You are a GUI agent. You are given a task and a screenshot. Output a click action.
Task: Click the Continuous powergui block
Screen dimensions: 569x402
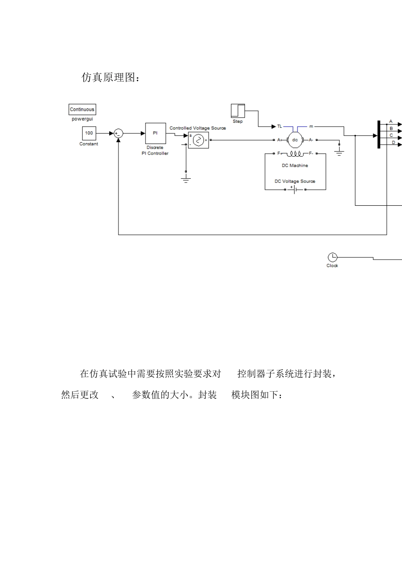82,110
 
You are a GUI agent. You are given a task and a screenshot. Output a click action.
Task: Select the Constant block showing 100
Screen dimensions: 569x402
89,133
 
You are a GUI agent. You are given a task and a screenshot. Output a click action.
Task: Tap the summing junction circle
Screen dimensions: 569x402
118,133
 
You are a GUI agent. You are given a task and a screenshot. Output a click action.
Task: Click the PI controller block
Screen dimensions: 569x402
155,133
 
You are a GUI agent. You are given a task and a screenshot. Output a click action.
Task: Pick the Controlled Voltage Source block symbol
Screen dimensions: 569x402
198,140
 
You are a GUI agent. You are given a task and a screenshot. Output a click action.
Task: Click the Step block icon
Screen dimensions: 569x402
238,110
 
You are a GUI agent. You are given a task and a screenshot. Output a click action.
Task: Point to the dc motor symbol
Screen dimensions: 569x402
295,140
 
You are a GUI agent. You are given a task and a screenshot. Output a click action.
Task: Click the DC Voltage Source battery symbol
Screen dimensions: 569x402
295,189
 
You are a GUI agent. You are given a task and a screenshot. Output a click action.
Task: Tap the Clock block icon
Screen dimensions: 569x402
333,257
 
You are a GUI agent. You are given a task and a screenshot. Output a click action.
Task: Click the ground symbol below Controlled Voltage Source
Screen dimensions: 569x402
186,179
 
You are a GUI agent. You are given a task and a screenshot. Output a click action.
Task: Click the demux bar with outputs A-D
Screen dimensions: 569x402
378,135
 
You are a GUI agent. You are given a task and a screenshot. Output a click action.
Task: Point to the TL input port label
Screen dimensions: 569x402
279,126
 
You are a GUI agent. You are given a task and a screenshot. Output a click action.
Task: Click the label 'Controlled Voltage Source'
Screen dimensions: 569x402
198,128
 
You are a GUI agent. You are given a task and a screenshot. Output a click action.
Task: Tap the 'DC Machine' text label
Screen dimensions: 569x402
295,166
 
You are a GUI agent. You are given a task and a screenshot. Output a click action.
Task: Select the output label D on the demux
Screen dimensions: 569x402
393,143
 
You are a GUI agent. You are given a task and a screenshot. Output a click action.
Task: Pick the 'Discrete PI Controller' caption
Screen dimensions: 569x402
155,151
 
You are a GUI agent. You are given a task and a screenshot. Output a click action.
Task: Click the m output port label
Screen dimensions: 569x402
311,126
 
